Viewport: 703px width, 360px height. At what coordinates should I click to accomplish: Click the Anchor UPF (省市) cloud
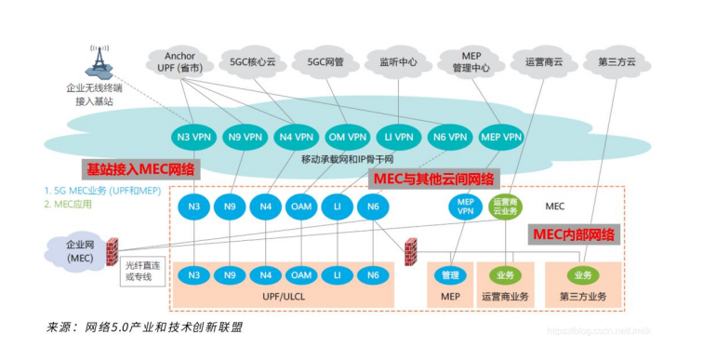pyautogui.click(x=179, y=61)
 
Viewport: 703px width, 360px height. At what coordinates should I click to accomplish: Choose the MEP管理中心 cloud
pyautogui.click(x=471, y=61)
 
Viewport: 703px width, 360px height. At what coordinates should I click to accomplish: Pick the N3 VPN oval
pyautogui.click(x=194, y=137)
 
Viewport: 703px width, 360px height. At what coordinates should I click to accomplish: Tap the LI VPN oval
pyautogui.click(x=399, y=137)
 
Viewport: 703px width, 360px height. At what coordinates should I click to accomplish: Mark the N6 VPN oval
pyautogui.click(x=451, y=137)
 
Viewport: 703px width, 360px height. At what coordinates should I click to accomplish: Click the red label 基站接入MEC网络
pyautogui.click(x=140, y=169)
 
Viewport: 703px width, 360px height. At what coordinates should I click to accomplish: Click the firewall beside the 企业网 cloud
pyautogui.click(x=112, y=251)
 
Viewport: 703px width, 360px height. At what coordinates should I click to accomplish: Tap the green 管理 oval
pyautogui.click(x=451, y=275)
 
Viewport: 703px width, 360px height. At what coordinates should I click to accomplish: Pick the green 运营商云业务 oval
pyautogui.click(x=506, y=207)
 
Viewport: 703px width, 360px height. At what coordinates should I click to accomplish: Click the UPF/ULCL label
pyautogui.click(x=284, y=296)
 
